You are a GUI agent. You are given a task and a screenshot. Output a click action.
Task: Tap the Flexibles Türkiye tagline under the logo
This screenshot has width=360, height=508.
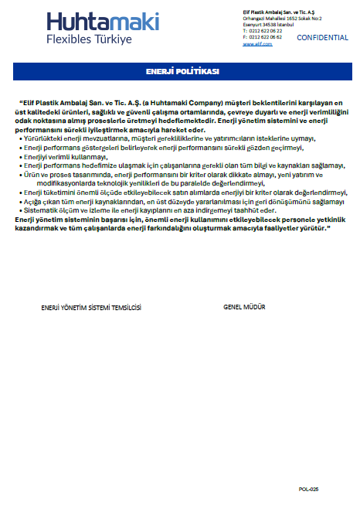89,39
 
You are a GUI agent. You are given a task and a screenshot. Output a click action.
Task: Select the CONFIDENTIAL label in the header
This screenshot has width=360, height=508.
322,37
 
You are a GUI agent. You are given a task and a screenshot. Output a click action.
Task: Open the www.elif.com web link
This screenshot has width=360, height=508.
257,44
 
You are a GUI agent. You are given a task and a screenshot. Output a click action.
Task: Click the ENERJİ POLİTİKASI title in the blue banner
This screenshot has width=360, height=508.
182,71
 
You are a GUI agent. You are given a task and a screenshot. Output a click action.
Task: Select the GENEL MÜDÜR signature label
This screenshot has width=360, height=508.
244,307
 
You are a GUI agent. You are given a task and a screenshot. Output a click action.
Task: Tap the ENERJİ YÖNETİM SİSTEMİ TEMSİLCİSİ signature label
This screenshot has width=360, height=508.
91,307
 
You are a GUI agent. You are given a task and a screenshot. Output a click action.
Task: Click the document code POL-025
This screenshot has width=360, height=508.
308,489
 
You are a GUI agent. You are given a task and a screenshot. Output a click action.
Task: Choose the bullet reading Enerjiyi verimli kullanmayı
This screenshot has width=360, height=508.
66,156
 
